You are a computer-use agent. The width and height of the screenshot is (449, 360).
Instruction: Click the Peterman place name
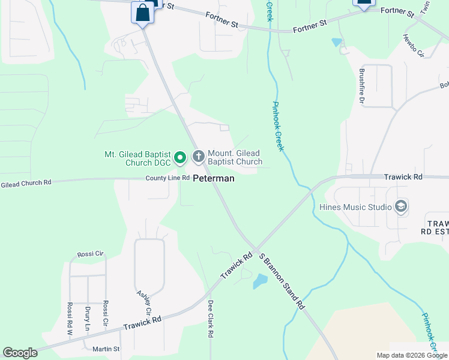click(x=213, y=178)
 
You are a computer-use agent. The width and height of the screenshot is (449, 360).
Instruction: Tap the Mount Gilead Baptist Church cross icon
click(x=199, y=157)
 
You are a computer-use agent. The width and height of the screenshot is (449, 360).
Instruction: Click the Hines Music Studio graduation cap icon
click(x=401, y=208)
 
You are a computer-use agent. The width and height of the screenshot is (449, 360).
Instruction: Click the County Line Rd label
click(x=167, y=178)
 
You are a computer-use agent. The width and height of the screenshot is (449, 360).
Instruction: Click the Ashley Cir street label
click(x=144, y=304)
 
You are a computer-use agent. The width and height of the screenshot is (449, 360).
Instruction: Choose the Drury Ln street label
click(x=88, y=319)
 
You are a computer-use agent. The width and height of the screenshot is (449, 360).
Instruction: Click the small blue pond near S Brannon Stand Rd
click(x=261, y=281)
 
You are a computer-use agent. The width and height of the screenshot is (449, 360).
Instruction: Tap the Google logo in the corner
click(x=20, y=353)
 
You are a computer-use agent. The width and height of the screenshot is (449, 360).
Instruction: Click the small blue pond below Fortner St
click(x=336, y=43)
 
